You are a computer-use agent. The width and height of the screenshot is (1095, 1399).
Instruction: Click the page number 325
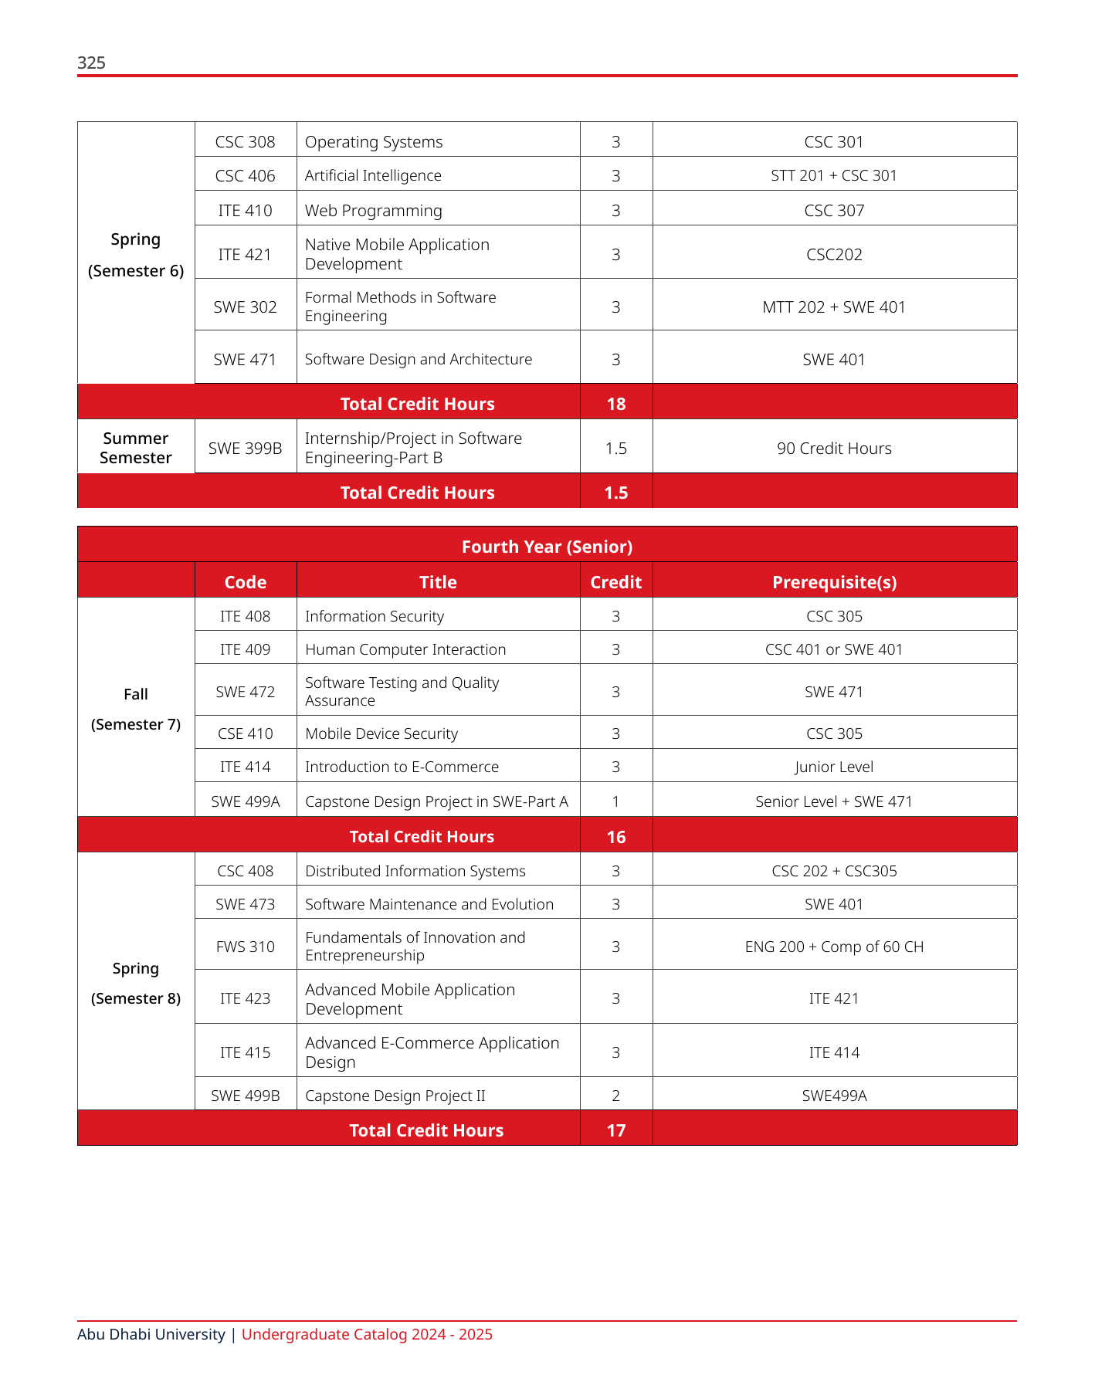tap(91, 63)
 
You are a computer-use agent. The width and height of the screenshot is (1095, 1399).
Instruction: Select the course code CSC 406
tap(245, 176)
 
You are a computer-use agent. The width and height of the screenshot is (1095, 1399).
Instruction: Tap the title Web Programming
tap(373, 211)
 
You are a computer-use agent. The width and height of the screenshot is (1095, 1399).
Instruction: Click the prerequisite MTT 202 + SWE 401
tap(834, 307)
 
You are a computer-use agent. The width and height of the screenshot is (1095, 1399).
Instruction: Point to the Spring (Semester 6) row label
tap(136, 255)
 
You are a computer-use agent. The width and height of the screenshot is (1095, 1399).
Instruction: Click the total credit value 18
tap(615, 404)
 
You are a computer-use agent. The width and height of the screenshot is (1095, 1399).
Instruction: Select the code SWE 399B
tap(245, 449)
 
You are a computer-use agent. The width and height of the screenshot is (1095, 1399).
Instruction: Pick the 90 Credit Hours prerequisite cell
tap(834, 449)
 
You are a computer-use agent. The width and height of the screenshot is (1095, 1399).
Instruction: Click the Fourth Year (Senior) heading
tap(547, 547)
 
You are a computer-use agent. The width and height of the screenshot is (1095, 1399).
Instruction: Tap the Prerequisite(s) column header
tap(834, 582)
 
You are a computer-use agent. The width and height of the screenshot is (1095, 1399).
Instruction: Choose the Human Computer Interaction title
tap(405, 649)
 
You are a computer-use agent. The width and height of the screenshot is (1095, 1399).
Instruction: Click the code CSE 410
tap(245, 733)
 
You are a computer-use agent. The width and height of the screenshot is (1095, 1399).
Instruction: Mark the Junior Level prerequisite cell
tap(834, 767)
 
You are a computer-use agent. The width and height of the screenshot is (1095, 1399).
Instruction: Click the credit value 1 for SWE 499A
tap(615, 801)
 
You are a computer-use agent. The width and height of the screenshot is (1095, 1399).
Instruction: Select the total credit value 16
tap(615, 837)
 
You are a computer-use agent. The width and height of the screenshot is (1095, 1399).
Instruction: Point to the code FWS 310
tap(245, 947)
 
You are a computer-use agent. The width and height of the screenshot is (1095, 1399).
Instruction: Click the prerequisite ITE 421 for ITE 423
tap(834, 998)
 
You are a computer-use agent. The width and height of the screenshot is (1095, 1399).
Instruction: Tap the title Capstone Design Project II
tap(395, 1096)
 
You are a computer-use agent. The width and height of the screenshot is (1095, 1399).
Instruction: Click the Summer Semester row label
tap(136, 448)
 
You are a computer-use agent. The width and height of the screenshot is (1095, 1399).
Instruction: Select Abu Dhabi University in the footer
tap(151, 1334)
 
